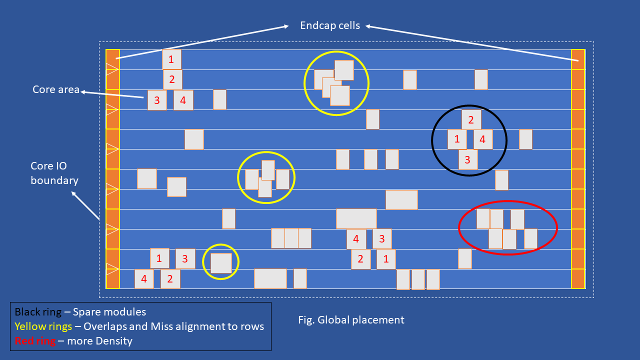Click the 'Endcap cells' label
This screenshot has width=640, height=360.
[x=330, y=25]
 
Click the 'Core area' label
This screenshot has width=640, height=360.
[x=56, y=89]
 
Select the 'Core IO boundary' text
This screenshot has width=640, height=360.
[x=54, y=173]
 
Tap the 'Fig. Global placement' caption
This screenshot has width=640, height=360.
[x=351, y=319]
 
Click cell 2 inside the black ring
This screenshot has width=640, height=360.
[x=471, y=120]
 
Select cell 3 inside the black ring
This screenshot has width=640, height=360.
[x=468, y=160]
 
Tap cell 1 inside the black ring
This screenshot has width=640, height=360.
[x=457, y=139]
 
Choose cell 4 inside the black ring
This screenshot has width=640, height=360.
[x=482, y=139]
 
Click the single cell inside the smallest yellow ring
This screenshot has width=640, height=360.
[x=221, y=263]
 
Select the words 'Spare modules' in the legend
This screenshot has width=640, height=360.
[x=109, y=312]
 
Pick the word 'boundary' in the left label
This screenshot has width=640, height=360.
[x=54, y=180]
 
